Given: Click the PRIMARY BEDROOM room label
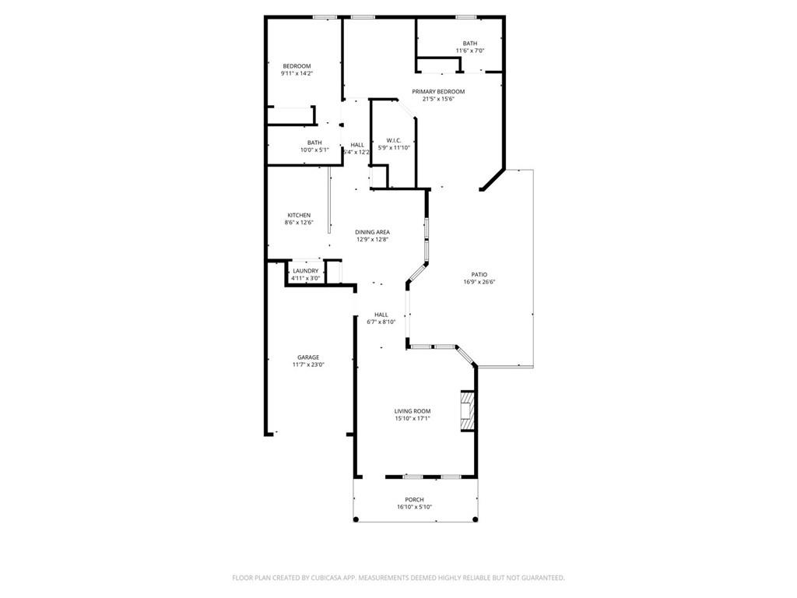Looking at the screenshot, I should (438, 91).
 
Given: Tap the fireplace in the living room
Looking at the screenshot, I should (466, 410).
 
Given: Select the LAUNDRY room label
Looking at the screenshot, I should (305, 271).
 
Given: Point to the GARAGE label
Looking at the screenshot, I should (307, 357).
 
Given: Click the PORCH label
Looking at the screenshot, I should (414, 500).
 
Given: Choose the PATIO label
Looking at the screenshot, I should (479, 274).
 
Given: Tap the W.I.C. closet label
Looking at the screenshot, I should (393, 140).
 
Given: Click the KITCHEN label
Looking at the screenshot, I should (299, 215).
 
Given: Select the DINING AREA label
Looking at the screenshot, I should (372, 232).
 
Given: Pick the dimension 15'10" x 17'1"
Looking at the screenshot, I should (412, 419).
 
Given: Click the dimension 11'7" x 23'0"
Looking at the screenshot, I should (307, 364).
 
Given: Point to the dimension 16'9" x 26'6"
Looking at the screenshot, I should (479, 282).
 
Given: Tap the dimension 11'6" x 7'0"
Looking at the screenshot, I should (470, 51).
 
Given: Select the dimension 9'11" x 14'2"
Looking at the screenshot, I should (297, 73).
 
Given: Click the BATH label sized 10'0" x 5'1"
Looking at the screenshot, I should (314, 142).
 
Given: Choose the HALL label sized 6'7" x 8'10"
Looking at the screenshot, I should (381, 315).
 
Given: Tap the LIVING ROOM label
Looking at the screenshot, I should (412, 411).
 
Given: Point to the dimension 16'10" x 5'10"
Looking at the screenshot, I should (414, 507).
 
